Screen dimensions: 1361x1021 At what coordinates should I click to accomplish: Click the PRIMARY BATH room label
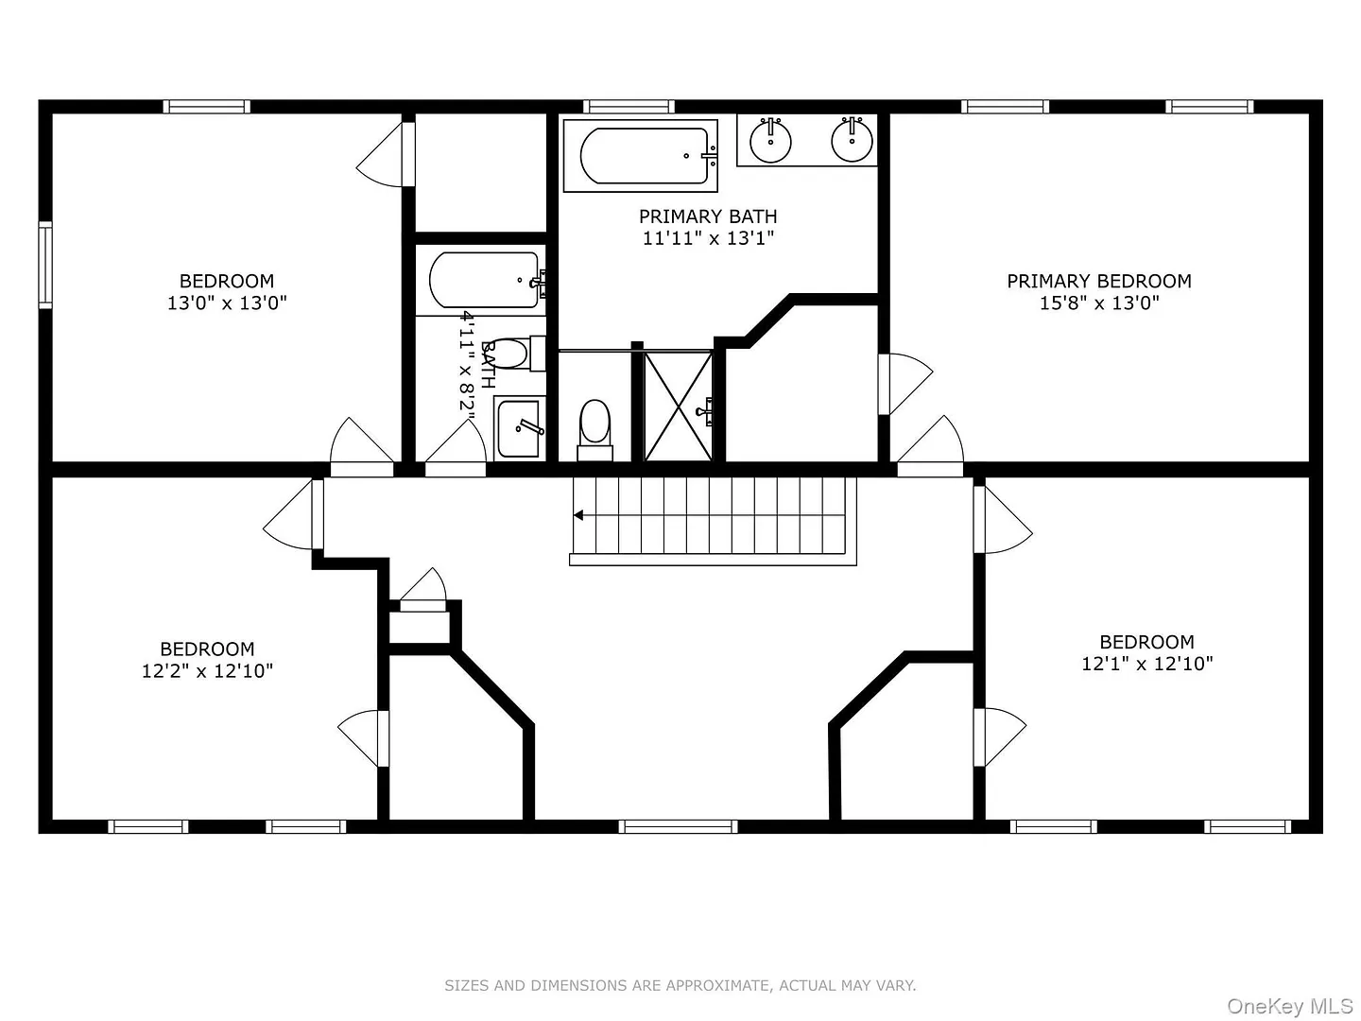[708, 216]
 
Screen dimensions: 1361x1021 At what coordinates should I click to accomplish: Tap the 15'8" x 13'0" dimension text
[1098, 303]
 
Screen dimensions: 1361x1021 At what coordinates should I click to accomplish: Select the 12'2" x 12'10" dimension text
[207, 671]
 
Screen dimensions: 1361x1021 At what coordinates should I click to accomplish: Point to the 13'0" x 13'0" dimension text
[227, 303]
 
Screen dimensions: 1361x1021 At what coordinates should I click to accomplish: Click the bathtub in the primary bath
[641, 156]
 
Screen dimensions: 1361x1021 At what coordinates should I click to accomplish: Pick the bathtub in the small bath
[486, 280]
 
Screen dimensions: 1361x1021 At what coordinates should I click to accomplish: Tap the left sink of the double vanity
[770, 140]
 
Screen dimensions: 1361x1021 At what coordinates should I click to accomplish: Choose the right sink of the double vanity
[852, 140]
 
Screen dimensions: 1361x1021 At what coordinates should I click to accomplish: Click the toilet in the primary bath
[594, 429]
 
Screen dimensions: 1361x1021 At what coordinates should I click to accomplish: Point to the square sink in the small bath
[520, 428]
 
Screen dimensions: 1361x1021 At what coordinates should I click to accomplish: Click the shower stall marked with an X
[679, 407]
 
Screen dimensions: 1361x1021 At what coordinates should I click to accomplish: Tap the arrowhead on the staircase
[578, 515]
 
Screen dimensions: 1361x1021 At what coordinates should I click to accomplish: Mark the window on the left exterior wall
[45, 265]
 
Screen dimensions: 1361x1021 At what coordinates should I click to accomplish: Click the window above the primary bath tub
[629, 107]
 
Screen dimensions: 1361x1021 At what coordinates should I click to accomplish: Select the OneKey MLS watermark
[1290, 1006]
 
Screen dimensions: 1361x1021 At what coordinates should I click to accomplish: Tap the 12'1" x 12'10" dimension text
[1146, 664]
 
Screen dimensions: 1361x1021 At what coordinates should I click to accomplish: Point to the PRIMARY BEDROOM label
[1098, 281]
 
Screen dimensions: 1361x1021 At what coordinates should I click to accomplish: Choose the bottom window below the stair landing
[678, 826]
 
